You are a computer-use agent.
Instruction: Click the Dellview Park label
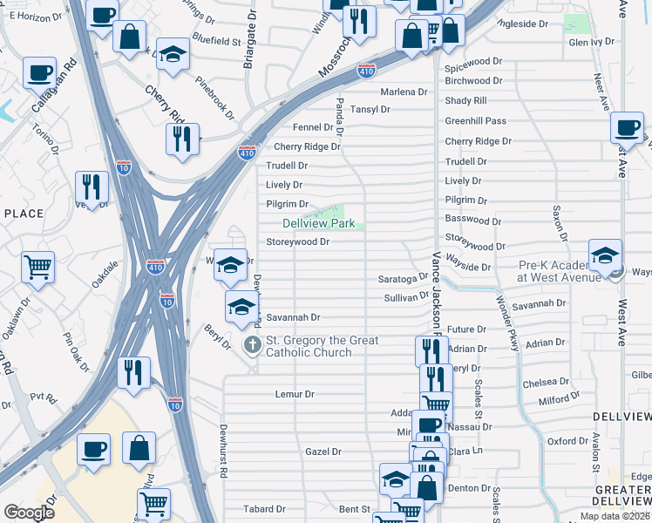[x=318, y=224]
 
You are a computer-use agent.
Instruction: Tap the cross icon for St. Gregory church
[x=252, y=345]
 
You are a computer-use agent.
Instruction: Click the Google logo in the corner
[x=29, y=513]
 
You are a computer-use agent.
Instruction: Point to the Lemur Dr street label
[x=294, y=394]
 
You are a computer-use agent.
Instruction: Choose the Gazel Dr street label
[x=323, y=452]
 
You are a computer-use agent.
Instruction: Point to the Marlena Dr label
[x=403, y=92]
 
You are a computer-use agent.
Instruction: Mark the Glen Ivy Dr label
[x=593, y=42]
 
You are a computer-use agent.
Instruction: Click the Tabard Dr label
[x=264, y=509]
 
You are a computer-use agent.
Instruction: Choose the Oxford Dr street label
[x=567, y=441]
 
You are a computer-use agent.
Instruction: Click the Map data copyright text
[x=615, y=516]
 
